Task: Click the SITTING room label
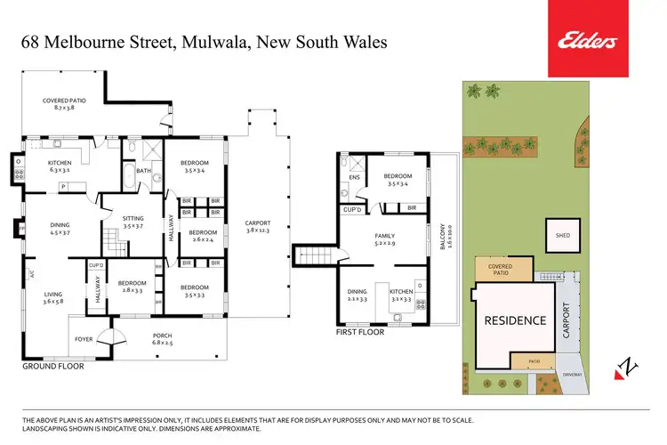click(x=133, y=222)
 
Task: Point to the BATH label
click(x=143, y=171)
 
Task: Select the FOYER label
click(x=84, y=338)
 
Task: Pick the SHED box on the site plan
click(x=562, y=236)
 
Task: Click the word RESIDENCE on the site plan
click(x=514, y=320)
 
